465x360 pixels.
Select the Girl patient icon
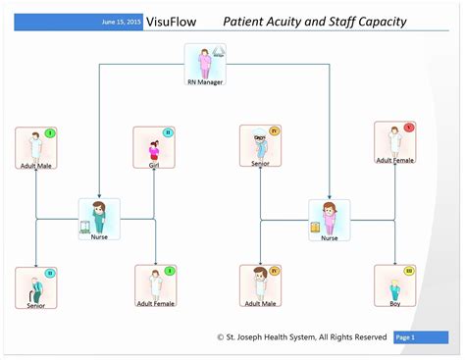154,148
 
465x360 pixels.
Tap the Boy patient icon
394,286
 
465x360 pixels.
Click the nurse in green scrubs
99,217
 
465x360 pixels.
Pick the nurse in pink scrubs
330,217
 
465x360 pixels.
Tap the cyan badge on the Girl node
168,132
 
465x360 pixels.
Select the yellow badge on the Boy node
409,271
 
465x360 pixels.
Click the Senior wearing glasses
260,145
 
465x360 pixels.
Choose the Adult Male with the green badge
35,147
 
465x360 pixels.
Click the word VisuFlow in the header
169,22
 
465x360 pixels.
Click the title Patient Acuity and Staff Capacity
314,22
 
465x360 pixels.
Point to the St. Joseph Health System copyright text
301,336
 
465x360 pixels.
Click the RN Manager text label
205,82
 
